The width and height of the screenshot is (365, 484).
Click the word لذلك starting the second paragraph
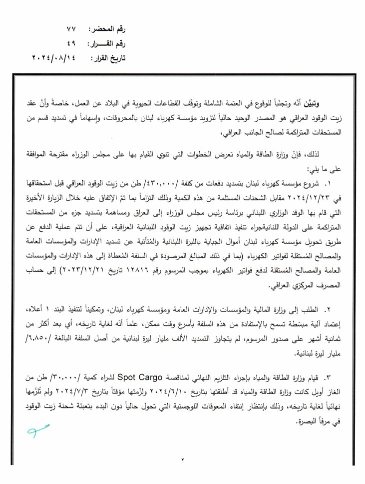341,154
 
